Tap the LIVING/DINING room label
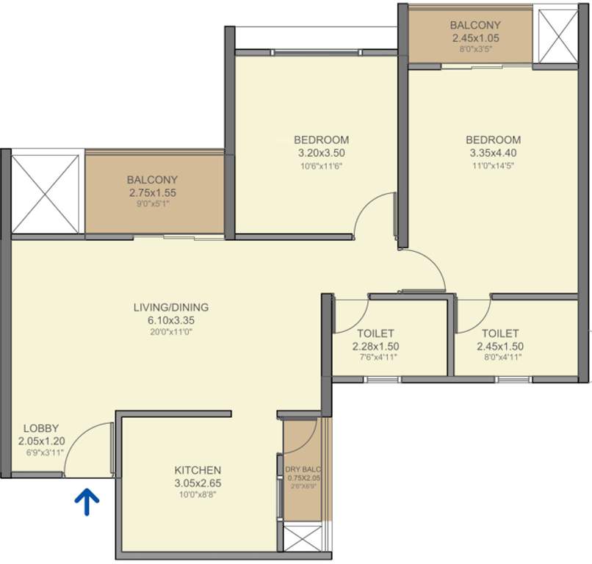point(171,307)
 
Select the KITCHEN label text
point(198,470)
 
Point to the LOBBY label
point(41,428)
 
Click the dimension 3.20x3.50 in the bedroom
point(321,153)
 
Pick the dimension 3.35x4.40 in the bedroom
point(494,153)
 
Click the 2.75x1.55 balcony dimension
point(152,192)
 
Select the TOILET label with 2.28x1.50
point(375,333)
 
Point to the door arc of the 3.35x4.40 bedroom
point(425,269)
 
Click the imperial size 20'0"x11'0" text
point(171,333)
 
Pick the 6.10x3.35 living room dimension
point(171,320)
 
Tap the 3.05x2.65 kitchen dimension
point(198,483)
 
